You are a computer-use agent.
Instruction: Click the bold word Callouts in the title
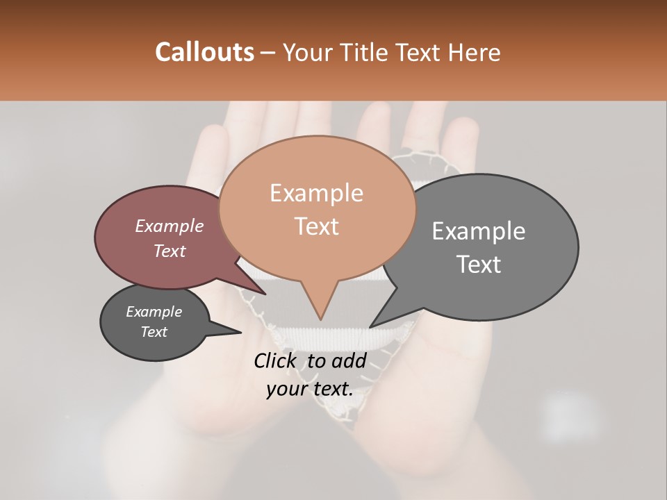[x=204, y=52]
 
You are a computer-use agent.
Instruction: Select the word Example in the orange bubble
[x=316, y=193]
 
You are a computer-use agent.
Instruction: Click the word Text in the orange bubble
[x=316, y=226]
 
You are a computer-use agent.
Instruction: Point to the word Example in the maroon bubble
[x=169, y=226]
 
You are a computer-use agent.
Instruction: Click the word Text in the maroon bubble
[x=169, y=251]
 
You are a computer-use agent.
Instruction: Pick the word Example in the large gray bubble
[x=478, y=231]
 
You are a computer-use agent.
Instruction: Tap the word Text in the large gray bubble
[x=478, y=265]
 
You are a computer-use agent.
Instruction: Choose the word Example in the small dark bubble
[x=154, y=312]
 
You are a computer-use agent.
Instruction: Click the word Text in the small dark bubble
[x=154, y=332]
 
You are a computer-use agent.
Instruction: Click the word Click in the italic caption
[x=277, y=360]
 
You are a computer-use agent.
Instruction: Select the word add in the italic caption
[x=349, y=360]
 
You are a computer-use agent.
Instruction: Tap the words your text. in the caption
[x=309, y=389]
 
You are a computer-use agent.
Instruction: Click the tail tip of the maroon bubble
[x=265, y=294]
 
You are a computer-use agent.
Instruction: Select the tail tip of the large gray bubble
[x=370, y=327]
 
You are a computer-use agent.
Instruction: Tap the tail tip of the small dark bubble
[x=241, y=333]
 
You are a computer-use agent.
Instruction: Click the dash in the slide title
[x=267, y=52]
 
